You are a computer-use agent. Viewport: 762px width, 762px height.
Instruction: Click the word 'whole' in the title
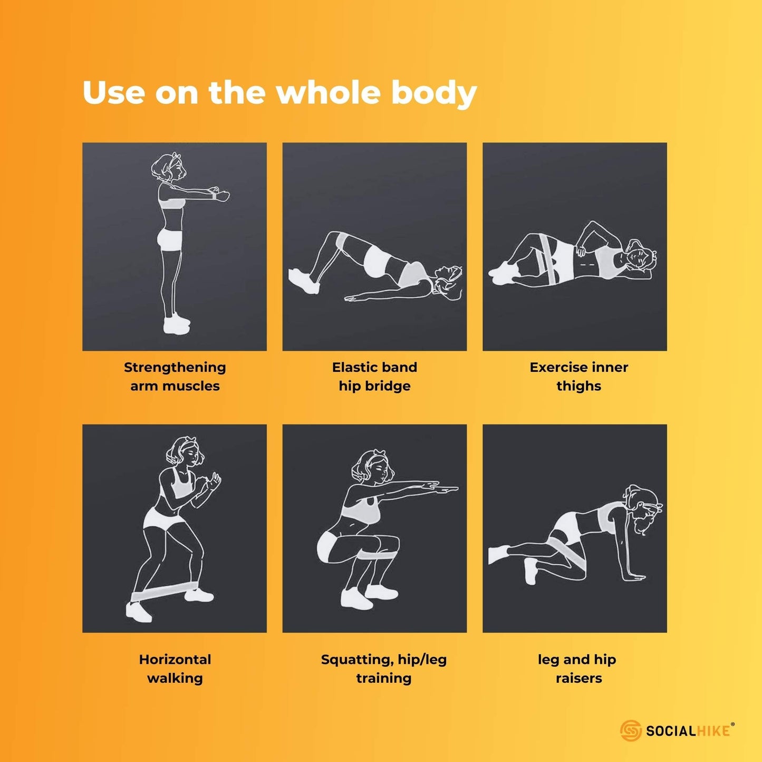pos(327,92)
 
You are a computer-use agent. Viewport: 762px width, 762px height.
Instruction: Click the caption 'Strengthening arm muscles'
pos(175,377)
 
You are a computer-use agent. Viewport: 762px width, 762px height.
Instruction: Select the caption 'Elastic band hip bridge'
pos(374,377)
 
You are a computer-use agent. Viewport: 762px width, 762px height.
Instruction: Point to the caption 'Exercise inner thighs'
pos(578,377)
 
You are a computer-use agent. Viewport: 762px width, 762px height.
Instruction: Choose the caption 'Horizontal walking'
pos(175,669)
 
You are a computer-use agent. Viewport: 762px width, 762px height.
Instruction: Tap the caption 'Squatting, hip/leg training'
pos(383,669)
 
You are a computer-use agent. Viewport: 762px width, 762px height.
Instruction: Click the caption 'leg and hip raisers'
pos(577,669)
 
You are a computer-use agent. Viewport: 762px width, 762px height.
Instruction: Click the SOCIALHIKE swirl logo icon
pos(630,730)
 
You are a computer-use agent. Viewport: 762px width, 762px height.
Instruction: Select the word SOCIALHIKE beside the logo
pos(688,731)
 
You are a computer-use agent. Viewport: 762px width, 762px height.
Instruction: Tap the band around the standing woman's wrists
pos(214,195)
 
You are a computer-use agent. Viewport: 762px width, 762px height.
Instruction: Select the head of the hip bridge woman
pos(448,282)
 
